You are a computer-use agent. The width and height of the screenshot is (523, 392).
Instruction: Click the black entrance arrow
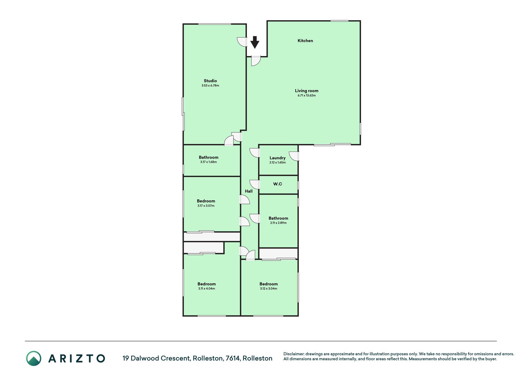click(x=255, y=42)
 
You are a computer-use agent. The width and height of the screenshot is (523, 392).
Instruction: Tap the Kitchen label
click(x=305, y=41)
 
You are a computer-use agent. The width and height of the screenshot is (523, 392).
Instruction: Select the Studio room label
click(x=210, y=81)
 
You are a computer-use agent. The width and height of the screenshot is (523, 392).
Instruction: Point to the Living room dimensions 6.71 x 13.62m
click(x=306, y=96)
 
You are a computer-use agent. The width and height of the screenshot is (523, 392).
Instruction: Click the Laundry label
click(x=278, y=158)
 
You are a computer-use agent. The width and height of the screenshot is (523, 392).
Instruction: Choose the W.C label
click(x=278, y=184)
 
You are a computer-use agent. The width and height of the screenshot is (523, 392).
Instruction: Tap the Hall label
click(x=249, y=191)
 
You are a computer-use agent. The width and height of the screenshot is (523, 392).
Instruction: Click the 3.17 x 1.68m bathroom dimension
click(x=208, y=162)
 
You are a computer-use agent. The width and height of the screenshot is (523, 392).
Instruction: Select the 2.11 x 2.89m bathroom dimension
click(x=278, y=223)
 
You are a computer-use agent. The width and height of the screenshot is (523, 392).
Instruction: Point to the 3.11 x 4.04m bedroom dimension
click(x=207, y=288)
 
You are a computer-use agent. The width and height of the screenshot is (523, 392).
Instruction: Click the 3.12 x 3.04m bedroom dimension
click(x=268, y=288)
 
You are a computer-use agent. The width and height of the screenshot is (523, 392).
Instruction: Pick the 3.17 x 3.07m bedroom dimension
click(x=206, y=206)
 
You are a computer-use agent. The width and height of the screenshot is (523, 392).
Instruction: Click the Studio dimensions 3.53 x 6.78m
click(x=210, y=86)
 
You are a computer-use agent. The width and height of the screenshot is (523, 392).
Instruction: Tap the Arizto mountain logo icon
click(x=34, y=358)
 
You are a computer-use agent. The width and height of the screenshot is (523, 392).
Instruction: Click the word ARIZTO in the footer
click(x=77, y=358)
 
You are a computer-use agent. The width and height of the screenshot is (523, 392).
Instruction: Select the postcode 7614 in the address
click(x=233, y=358)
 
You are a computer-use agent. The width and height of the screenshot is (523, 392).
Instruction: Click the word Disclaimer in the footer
click(x=294, y=354)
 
